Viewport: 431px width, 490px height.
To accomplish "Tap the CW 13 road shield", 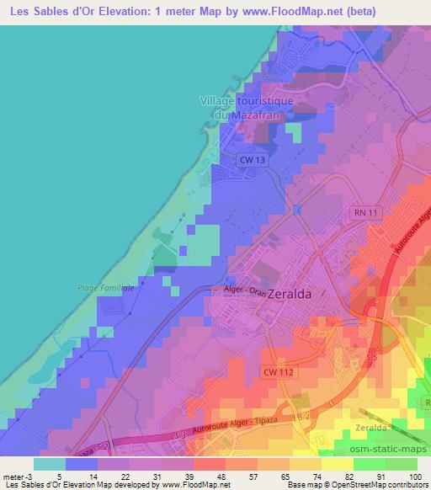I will pyautogui.click(x=252, y=159).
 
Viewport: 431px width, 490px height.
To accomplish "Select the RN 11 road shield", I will pyautogui.click(x=363, y=216).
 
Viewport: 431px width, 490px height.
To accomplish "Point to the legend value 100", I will pyautogui.click(x=413, y=477).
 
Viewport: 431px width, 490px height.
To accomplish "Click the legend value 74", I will pyautogui.click(x=319, y=477).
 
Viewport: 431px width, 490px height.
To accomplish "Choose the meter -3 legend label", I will pyautogui.click(x=14, y=477).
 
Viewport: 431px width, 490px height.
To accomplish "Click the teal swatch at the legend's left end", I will pyautogui.click(x=50, y=464).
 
